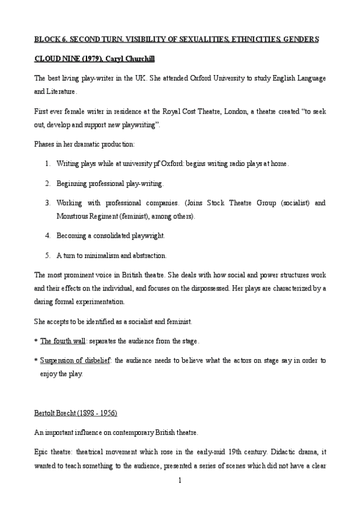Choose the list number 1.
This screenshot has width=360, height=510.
[x=47, y=163]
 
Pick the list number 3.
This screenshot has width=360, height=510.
[x=47, y=203]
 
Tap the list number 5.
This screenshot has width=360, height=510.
[x=47, y=255]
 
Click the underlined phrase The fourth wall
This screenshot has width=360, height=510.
[x=62, y=340]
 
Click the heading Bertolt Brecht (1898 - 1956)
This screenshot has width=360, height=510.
[x=75, y=413]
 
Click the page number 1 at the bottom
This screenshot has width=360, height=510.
[x=180, y=481]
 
